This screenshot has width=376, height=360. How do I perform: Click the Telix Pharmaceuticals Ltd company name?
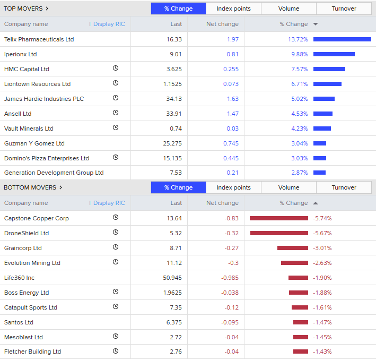tap(39, 39)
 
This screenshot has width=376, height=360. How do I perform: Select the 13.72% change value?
tap(298, 39)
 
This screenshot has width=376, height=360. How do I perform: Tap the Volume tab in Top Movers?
tap(288, 8)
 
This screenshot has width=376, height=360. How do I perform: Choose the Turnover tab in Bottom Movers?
tap(344, 187)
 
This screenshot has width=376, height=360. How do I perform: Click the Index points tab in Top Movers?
tap(233, 8)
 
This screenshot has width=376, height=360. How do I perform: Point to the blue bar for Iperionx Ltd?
tap(334, 54)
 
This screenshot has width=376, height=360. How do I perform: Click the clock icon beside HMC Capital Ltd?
tap(116, 68)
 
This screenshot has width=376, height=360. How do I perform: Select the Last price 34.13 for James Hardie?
tap(174, 99)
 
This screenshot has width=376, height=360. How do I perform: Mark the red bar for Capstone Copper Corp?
tap(278, 218)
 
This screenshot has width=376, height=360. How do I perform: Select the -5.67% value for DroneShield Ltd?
tap(322, 233)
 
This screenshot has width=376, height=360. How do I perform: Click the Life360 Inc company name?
tap(19, 278)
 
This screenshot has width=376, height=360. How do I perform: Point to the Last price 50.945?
tap(172, 278)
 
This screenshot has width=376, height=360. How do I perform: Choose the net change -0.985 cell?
tap(230, 278)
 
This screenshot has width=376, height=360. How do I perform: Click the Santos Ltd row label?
tap(19, 322)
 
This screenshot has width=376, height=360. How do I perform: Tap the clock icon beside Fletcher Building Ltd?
tap(116, 351)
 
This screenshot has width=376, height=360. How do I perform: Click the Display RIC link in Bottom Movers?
tap(109, 203)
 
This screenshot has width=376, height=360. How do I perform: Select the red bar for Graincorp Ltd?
tap(292, 248)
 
